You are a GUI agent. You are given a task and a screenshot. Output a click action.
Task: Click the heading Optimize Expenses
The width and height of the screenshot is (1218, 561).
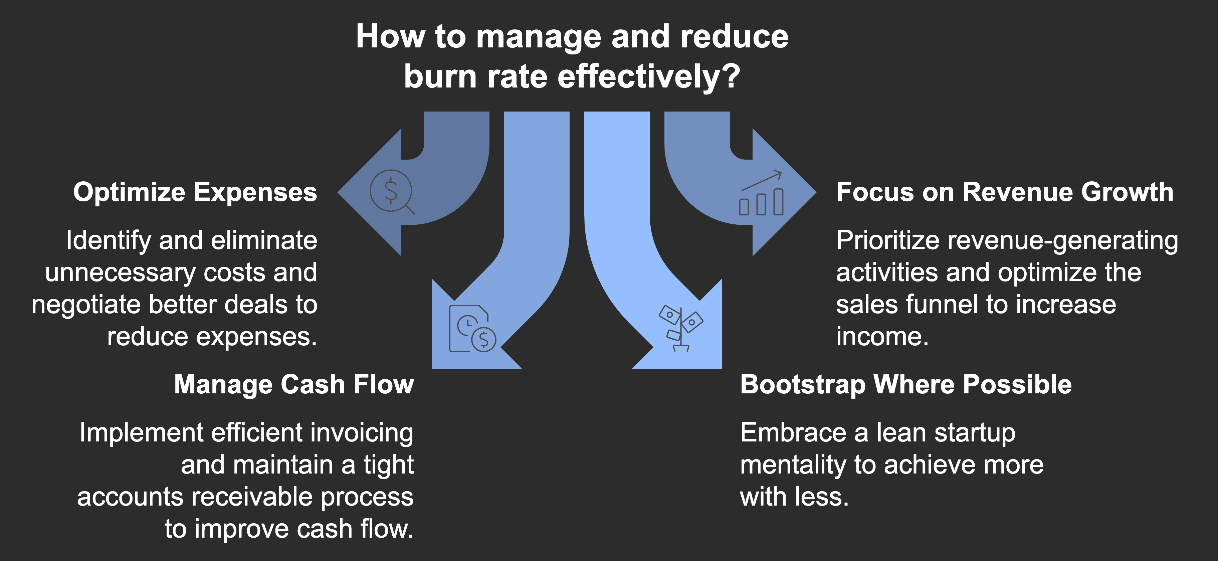pyautogui.click(x=195, y=193)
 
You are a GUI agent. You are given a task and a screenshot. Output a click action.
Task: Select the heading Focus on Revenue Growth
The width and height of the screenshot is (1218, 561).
pyautogui.click(x=1005, y=193)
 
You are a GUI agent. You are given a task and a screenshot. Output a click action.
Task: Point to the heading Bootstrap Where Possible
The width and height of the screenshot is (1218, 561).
pyautogui.click(x=905, y=385)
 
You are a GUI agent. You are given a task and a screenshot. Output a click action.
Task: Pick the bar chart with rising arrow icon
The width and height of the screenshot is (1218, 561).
pyautogui.click(x=761, y=194)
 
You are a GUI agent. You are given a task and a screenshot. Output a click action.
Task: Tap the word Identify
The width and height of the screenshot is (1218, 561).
pyautogui.click(x=108, y=241)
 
